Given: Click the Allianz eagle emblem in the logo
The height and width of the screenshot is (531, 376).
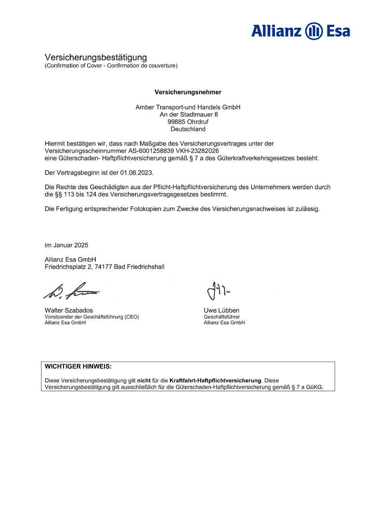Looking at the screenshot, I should click(314, 31).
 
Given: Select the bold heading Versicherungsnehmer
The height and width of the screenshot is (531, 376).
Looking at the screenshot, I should click(188, 92).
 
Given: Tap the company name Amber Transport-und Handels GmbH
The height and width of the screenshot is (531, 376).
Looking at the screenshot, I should click(188, 107).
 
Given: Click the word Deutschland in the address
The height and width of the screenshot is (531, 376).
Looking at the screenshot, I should click(188, 129).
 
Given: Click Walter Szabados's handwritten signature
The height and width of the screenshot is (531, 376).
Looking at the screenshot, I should click(71, 290).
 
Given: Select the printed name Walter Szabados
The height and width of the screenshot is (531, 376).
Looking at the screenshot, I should click(69, 310).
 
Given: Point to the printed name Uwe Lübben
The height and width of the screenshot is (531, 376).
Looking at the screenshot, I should click(222, 310).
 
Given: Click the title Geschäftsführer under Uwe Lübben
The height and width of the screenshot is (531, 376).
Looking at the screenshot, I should click(222, 317).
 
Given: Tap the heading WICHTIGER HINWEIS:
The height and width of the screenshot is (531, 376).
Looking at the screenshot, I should click(78, 366).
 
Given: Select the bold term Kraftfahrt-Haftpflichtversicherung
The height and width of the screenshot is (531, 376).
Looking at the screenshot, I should click(215, 380).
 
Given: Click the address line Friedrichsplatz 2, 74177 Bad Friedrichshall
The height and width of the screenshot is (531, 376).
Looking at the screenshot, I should click(105, 267).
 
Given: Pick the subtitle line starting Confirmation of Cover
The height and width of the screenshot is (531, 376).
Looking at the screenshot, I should click(111, 66).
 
